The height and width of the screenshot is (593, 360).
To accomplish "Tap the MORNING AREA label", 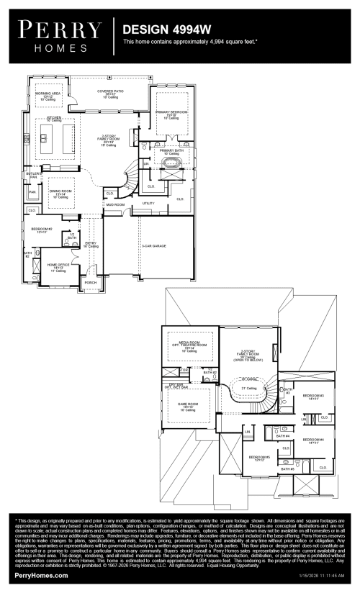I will click(x=48, y=94).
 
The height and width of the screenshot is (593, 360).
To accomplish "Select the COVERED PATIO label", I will click(x=110, y=91).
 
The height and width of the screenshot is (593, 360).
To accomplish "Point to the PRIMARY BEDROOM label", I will click(x=170, y=114).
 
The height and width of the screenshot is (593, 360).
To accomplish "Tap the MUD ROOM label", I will click(x=115, y=204).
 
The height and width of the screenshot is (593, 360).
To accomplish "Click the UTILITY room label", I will click(x=148, y=203).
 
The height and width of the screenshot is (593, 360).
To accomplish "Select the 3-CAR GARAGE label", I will click(x=153, y=246).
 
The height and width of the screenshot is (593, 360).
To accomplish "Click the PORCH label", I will click(x=91, y=282).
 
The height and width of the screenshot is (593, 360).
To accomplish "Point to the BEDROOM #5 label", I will click(x=259, y=457).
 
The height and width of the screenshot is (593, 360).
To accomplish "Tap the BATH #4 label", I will click(x=282, y=435).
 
